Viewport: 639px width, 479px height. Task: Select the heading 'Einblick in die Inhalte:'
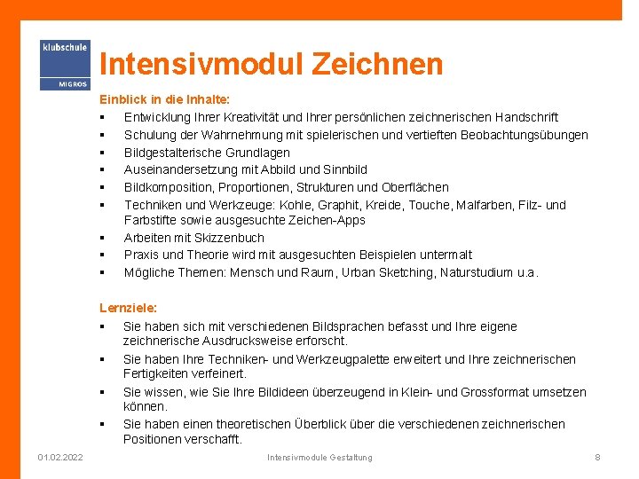[164, 100]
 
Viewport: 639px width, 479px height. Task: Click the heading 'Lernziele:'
[128, 308]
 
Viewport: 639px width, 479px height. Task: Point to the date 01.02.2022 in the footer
[61, 457]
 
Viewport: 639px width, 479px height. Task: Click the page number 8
[597, 457]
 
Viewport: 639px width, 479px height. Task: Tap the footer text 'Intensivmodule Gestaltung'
[319, 457]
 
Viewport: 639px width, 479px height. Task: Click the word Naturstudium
[477, 272]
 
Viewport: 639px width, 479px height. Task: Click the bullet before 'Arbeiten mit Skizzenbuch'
[104, 238]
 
